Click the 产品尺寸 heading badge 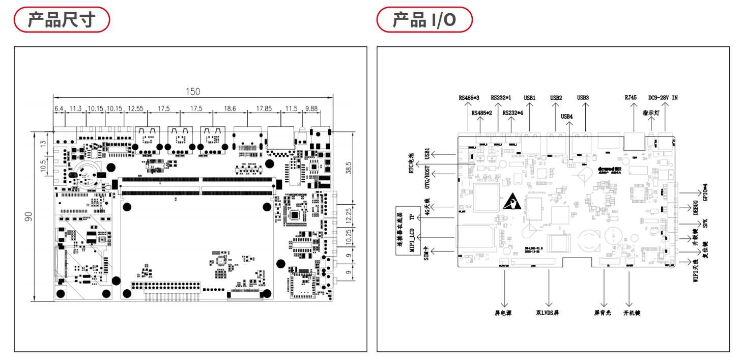(x=61, y=20)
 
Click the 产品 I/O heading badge (x=424, y=20)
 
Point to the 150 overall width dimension (x=193, y=92)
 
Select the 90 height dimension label (x=29, y=216)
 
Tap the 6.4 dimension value (x=59, y=108)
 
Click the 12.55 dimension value (x=136, y=108)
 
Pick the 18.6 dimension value (x=230, y=108)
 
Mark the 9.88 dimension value (x=311, y=108)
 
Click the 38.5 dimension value (x=349, y=168)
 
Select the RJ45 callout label (x=631, y=98)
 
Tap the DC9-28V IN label (x=663, y=98)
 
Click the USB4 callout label (x=567, y=117)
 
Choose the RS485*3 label (x=469, y=98)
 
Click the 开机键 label (x=632, y=313)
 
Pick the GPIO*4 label (x=705, y=192)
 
